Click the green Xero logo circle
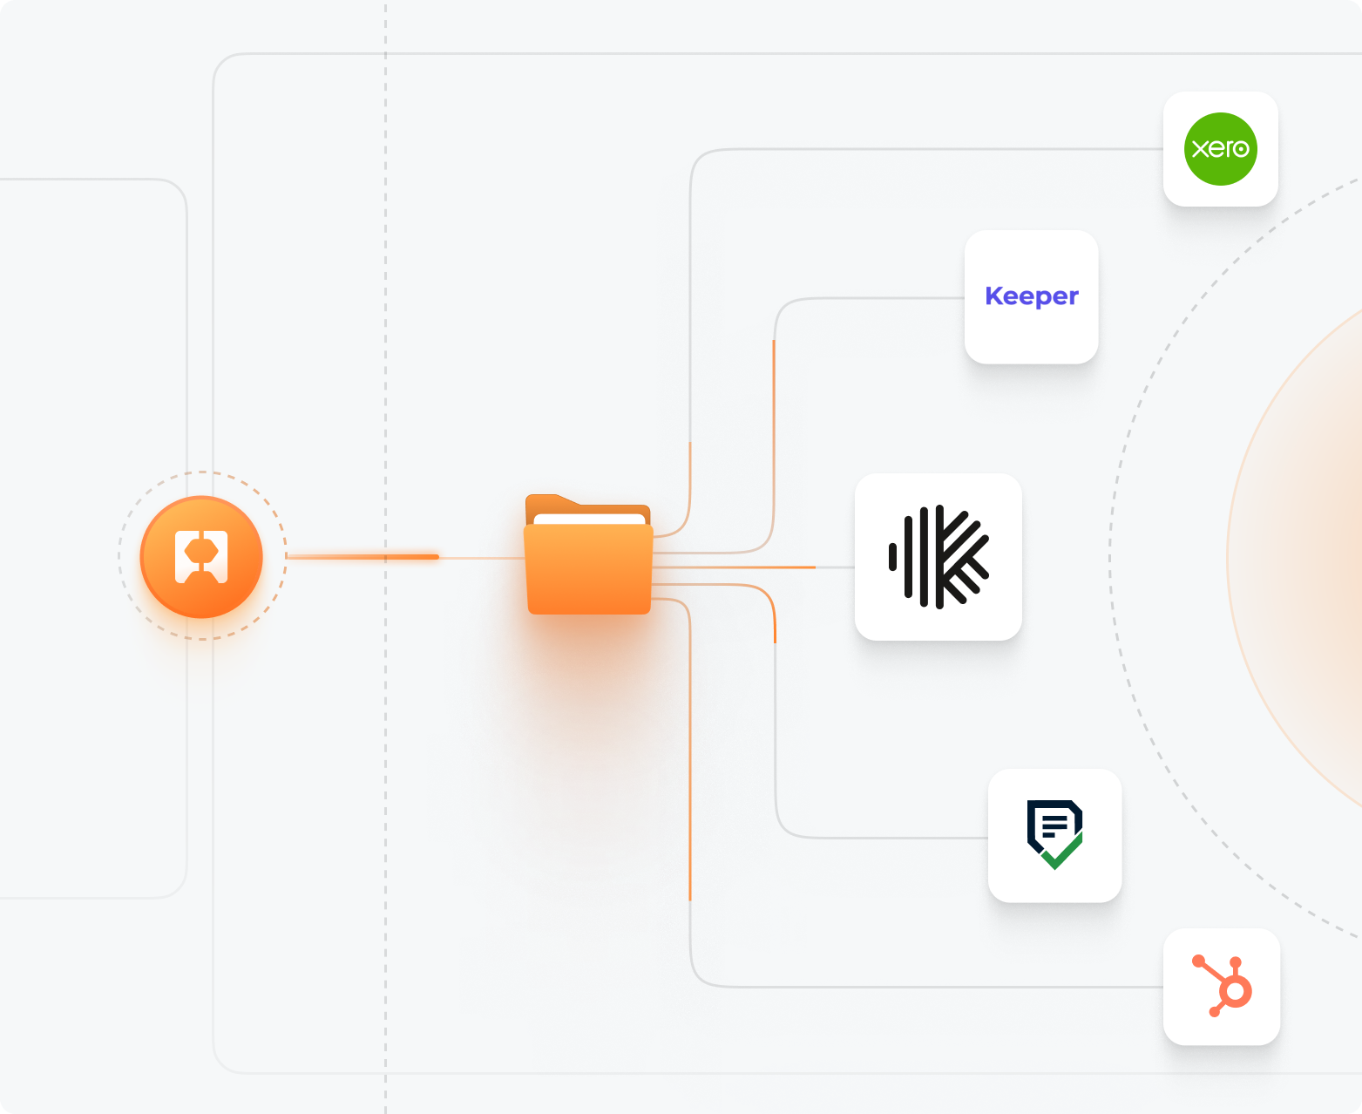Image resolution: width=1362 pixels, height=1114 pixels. [x=1220, y=149]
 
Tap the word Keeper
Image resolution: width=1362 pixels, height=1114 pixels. [x=1032, y=297]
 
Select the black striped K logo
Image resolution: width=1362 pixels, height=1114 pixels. [x=938, y=557]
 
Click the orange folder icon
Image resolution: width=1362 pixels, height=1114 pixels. [x=589, y=567]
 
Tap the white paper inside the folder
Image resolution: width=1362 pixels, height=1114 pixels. [x=589, y=520]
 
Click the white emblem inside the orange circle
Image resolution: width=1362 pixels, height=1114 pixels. [x=201, y=556]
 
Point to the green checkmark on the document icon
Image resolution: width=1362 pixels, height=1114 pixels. [x=1062, y=852]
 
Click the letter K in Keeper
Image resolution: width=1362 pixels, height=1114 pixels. [x=993, y=296]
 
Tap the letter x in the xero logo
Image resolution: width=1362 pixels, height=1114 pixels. [x=1199, y=149]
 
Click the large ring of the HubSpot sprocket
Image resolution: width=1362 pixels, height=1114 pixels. [x=1235, y=991]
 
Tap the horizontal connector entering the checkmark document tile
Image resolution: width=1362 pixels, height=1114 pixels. [x=898, y=838]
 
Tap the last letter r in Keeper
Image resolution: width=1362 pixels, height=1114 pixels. [x=1074, y=297]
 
